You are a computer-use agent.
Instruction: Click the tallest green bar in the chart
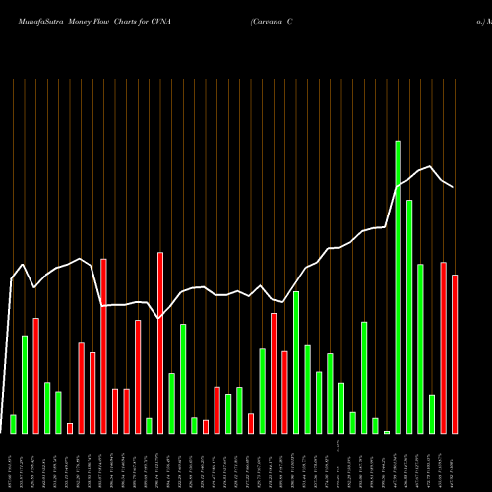pyautogui.click(x=399, y=286)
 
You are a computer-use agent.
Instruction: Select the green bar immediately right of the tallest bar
pyautogui.click(x=409, y=316)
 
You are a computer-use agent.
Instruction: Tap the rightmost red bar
pyautogui.click(x=455, y=354)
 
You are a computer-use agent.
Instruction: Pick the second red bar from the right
pyautogui.click(x=444, y=347)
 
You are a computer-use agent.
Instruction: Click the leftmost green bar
pyautogui.click(x=14, y=424)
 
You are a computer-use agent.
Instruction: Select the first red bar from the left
pyautogui.click(x=36, y=375)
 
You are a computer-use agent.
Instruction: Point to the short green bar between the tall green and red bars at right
pyautogui.click(x=432, y=413)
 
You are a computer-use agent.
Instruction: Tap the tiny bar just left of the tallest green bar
pyautogui.click(x=387, y=431)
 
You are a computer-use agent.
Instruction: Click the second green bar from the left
pyautogui.click(x=25, y=384)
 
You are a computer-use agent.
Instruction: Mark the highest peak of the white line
pyautogui.click(x=431, y=166)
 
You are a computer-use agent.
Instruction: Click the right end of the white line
pyautogui.click(x=454, y=186)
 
